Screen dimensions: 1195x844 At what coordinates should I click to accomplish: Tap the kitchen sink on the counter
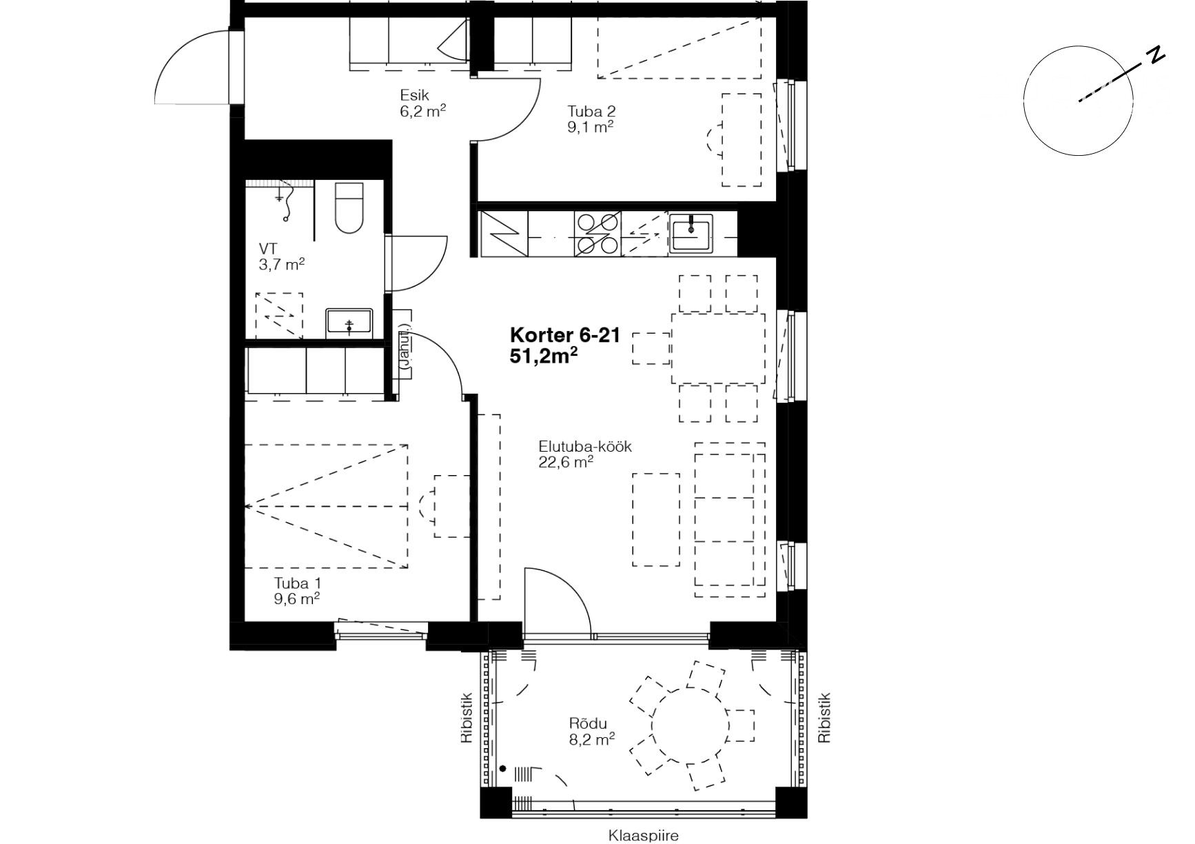click(x=691, y=232)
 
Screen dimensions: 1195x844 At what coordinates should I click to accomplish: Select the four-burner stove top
click(x=597, y=234)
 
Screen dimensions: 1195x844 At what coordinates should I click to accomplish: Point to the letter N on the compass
click(x=1156, y=55)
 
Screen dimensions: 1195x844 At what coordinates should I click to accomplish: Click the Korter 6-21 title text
click(x=565, y=336)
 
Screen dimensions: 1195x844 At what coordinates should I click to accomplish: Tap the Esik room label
click(x=414, y=96)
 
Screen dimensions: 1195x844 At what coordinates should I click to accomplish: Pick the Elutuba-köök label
click(x=585, y=446)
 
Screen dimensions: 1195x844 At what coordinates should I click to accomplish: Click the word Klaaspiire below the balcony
click(x=643, y=836)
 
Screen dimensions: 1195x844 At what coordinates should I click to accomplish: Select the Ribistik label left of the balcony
click(x=467, y=718)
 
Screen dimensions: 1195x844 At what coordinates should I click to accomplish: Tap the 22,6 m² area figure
click(x=566, y=462)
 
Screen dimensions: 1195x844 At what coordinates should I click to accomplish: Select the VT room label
click(x=268, y=248)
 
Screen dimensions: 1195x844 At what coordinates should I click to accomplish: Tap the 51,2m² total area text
click(x=543, y=355)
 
